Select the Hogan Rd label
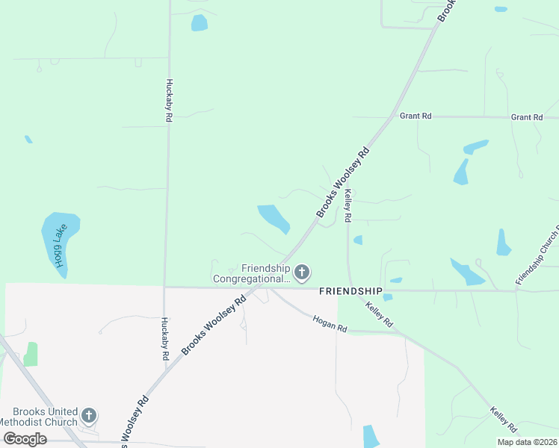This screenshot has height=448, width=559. [330, 323]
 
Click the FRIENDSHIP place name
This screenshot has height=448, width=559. [350, 290]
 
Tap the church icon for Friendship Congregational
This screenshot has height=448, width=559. [302, 273]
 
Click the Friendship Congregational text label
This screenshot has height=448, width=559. [251, 273]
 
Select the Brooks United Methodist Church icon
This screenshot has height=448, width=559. [89, 414]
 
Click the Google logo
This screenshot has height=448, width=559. [25, 439]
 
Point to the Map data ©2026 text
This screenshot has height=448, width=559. [526, 442]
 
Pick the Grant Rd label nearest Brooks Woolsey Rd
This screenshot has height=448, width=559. [416, 116]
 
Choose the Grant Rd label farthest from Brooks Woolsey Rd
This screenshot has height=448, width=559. [527, 117]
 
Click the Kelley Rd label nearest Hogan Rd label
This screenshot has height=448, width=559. [380, 315]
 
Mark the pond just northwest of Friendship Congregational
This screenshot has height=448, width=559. [274, 218]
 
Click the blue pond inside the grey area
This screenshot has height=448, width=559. [371, 436]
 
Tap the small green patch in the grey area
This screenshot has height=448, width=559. [31, 354]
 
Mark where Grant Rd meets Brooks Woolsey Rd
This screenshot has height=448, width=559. [393, 116]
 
